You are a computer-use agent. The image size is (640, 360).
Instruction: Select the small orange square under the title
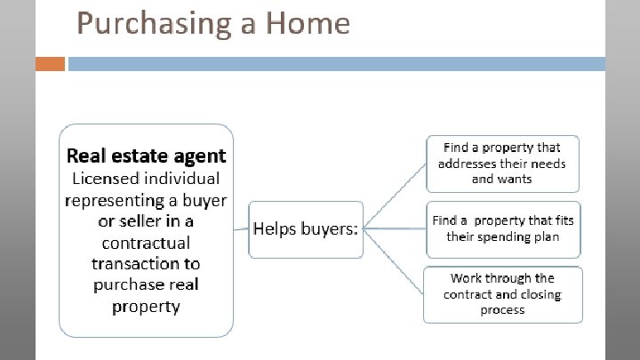[52, 65]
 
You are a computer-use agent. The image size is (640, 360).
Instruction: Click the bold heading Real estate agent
[147, 156]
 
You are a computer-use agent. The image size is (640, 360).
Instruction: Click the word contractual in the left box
[146, 242]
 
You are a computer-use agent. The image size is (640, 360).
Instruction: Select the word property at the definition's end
[146, 307]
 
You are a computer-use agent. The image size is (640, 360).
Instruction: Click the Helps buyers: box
[306, 228]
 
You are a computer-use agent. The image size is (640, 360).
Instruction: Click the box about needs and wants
[502, 163]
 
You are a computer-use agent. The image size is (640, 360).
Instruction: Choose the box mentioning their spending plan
[502, 228]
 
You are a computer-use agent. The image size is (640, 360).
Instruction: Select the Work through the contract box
[502, 294]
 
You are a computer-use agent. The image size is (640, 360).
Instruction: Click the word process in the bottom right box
[502, 309]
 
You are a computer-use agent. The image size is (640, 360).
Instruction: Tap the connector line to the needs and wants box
[395, 196]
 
